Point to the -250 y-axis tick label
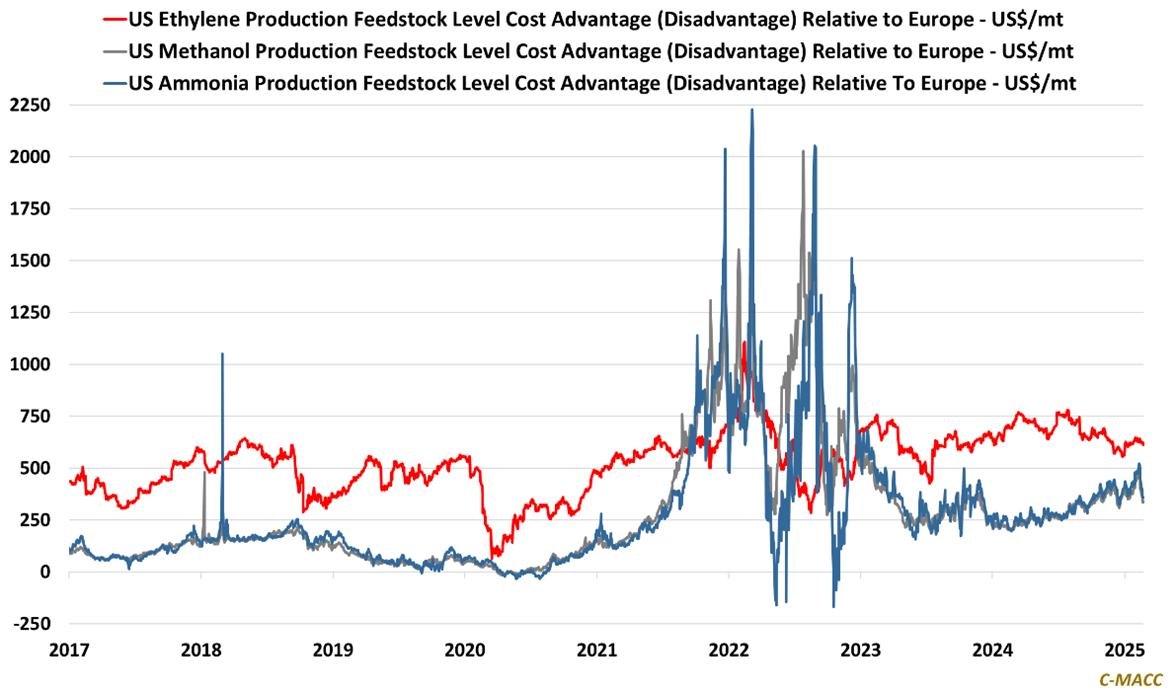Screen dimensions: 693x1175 34,624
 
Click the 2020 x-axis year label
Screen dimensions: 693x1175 465,650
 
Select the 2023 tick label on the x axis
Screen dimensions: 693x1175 860,650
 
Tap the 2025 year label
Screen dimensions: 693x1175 1124,650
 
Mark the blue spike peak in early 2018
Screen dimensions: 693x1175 222,354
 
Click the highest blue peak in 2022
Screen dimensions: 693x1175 752,110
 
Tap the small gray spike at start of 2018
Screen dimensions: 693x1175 204,473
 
